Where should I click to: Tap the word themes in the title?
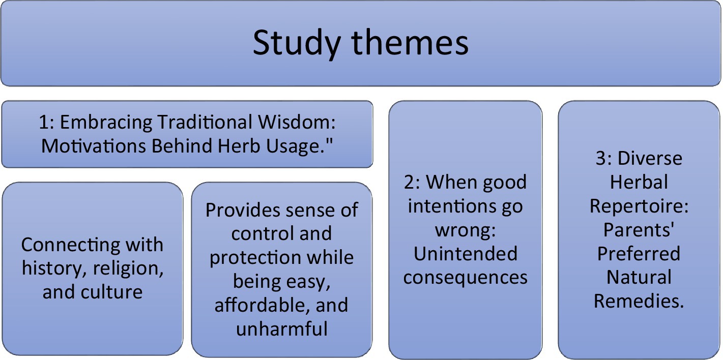coord(410,42)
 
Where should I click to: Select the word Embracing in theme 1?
coord(106,123)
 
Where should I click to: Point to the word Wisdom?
coord(297,122)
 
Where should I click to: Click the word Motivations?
coord(94,146)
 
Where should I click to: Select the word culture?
coord(111,292)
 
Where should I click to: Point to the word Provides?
coord(243,210)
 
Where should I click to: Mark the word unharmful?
coord(282,328)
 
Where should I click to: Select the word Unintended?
coord(466,254)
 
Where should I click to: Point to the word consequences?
coord(465,278)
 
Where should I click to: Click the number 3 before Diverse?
coord(601,159)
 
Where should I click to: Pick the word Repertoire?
coord(639,206)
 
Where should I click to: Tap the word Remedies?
coord(639,301)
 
